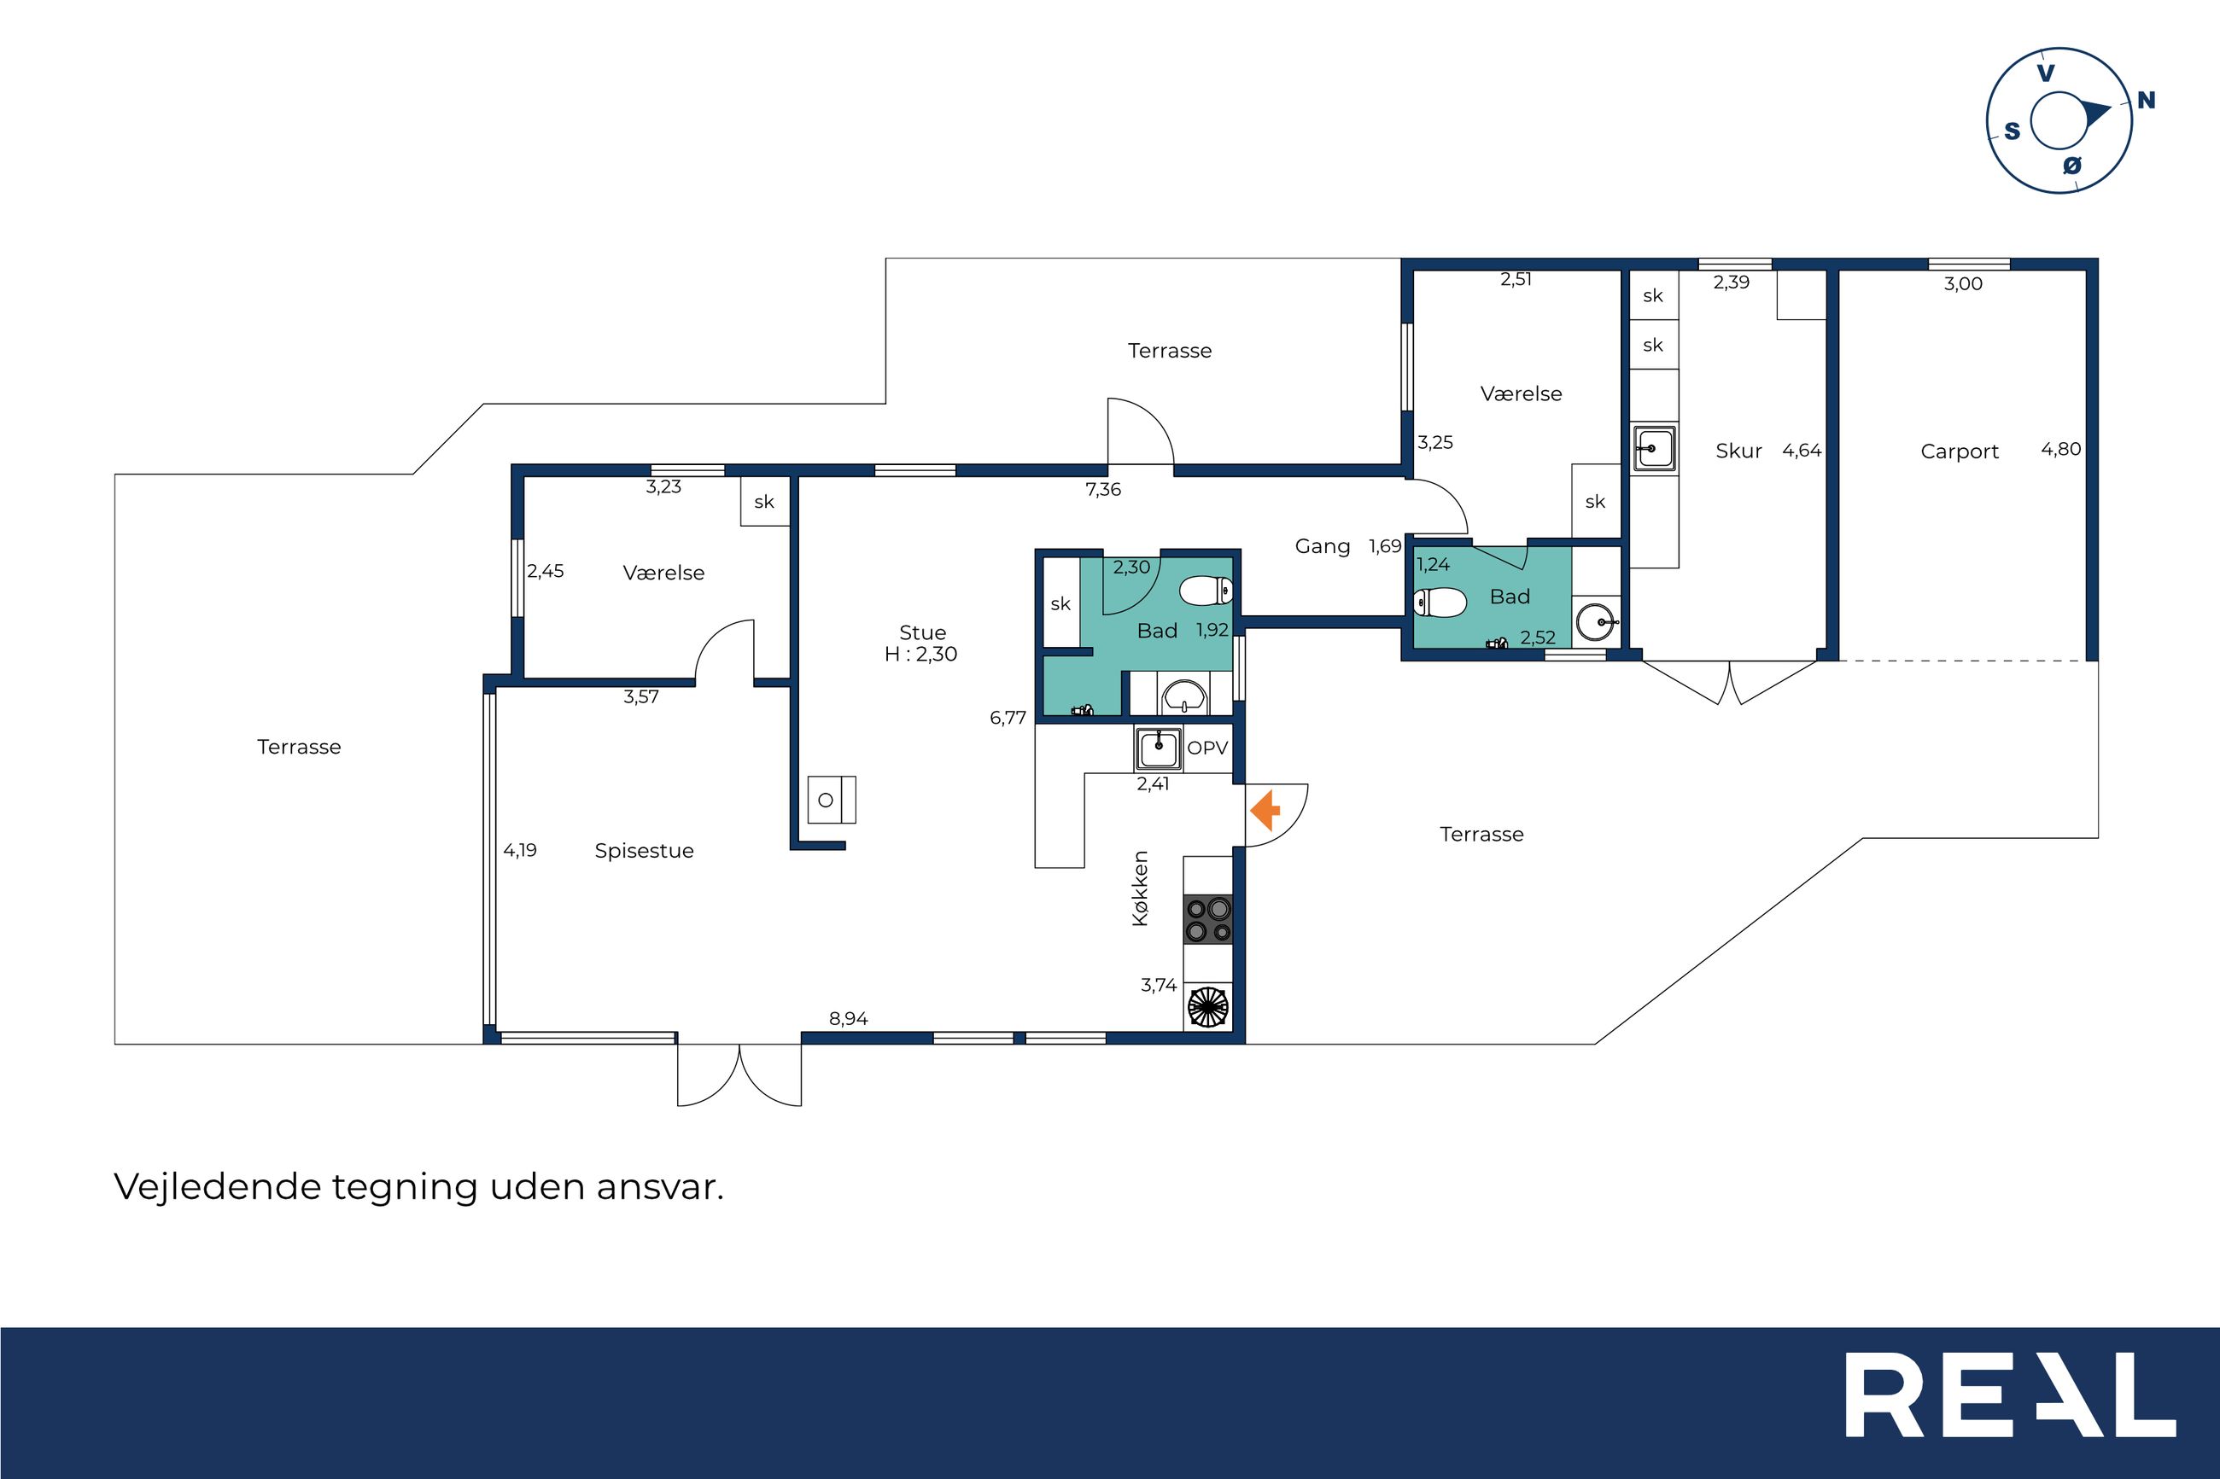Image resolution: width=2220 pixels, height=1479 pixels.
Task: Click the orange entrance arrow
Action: [x=1265, y=810]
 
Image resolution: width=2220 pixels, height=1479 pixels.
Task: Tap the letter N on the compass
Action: [x=2147, y=100]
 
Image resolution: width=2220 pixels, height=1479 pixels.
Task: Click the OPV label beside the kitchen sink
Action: [x=1207, y=748]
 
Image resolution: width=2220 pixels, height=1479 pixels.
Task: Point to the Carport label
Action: [x=1960, y=451]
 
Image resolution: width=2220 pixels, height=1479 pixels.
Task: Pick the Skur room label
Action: [x=1738, y=451]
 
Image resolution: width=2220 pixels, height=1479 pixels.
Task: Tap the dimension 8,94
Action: [x=848, y=1019]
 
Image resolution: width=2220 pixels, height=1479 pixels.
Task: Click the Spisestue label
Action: [x=645, y=851]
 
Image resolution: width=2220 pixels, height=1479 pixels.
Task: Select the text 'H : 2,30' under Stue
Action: [x=920, y=655]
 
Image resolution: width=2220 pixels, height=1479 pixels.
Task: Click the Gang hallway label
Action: [x=1323, y=546]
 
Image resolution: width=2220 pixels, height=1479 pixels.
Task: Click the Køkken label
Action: [x=1141, y=888]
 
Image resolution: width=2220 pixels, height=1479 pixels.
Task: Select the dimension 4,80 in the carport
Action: [x=2060, y=449]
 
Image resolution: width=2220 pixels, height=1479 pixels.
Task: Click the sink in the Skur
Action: [x=1655, y=448]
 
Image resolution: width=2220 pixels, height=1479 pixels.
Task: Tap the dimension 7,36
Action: [x=1103, y=490]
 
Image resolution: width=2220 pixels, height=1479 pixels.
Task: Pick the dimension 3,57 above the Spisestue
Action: [x=640, y=697]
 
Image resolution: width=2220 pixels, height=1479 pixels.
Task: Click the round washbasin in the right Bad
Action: [x=1597, y=622]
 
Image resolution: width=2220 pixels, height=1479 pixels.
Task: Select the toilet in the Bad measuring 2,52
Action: [x=1440, y=602]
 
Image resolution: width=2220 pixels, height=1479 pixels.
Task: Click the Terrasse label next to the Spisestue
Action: [x=299, y=747]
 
